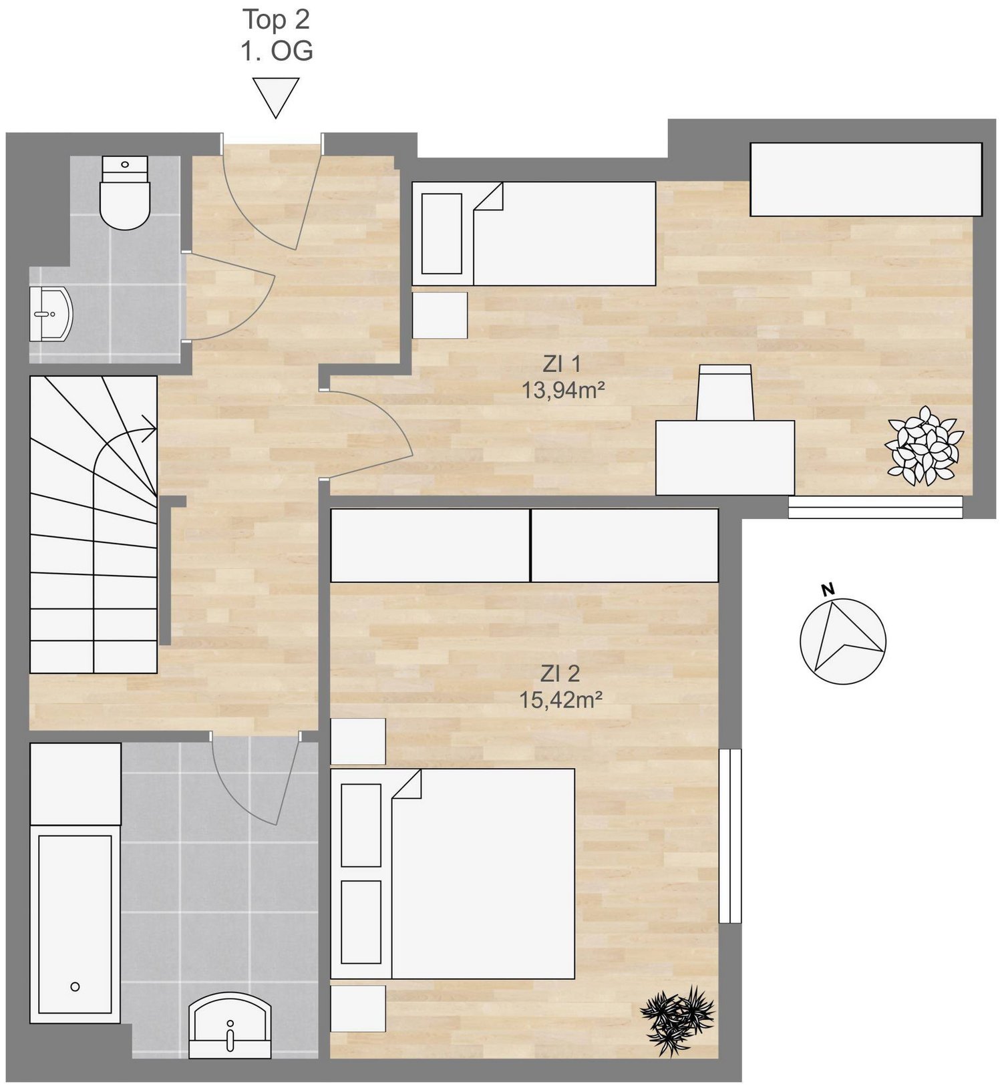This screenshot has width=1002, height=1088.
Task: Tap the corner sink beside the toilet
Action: pyautogui.click(x=51, y=313)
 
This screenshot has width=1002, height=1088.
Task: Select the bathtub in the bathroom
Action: pyautogui.click(x=75, y=924)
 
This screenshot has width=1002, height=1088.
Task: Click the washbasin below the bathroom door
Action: pyautogui.click(x=230, y=1025)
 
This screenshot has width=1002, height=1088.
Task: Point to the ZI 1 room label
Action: pyautogui.click(x=562, y=364)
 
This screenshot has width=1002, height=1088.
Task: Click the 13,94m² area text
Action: pyautogui.click(x=563, y=389)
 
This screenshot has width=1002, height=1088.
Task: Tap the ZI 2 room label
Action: pyautogui.click(x=560, y=674)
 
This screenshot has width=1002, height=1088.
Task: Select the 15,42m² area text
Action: pyautogui.click(x=561, y=699)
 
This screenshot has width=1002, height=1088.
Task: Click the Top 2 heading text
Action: pyautogui.click(x=276, y=19)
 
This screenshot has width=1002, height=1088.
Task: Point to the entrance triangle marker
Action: pyautogui.click(x=276, y=98)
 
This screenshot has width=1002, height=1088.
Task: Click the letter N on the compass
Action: pyautogui.click(x=828, y=589)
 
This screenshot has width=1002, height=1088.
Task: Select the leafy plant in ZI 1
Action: pyautogui.click(x=925, y=445)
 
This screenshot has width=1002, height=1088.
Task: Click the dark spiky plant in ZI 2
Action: pyautogui.click(x=677, y=1020)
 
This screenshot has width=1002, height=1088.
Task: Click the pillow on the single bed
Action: pyautogui.click(x=442, y=234)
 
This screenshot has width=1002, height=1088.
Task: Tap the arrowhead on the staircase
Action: pyautogui.click(x=150, y=427)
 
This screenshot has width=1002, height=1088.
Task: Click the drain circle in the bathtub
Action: pyautogui.click(x=75, y=986)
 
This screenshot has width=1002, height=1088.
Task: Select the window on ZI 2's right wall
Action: pyautogui.click(x=730, y=836)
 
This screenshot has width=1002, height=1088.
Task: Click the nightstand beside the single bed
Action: pyautogui.click(x=440, y=315)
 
